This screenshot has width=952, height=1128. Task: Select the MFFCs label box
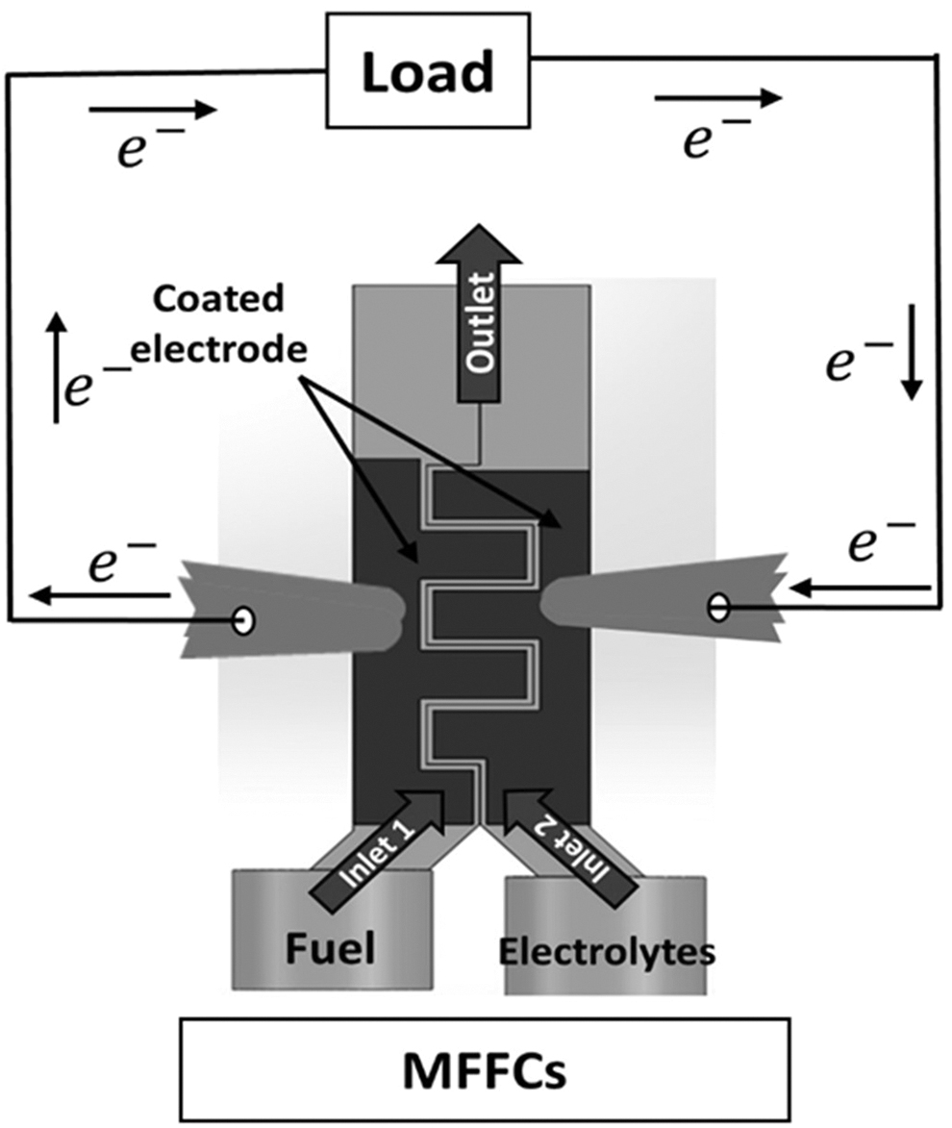pyautogui.click(x=485, y=1070)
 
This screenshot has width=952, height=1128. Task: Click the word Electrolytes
pyautogui.click(x=608, y=952)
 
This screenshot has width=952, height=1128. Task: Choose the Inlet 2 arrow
pyautogui.click(x=569, y=849)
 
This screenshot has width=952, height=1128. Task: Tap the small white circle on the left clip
pyautogui.click(x=244, y=620)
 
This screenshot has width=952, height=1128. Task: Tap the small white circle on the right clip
pyautogui.click(x=717, y=608)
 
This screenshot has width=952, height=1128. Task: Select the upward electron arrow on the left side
pyautogui.click(x=56, y=367)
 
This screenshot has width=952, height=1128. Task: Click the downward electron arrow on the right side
pyautogui.click(x=912, y=353)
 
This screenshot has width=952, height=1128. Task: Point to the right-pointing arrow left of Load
pyautogui.click(x=152, y=110)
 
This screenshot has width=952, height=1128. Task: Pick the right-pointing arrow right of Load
pyautogui.click(x=717, y=97)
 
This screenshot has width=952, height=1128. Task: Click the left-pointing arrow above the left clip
pyautogui.click(x=100, y=595)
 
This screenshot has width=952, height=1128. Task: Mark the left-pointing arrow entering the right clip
pyautogui.click(x=860, y=589)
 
